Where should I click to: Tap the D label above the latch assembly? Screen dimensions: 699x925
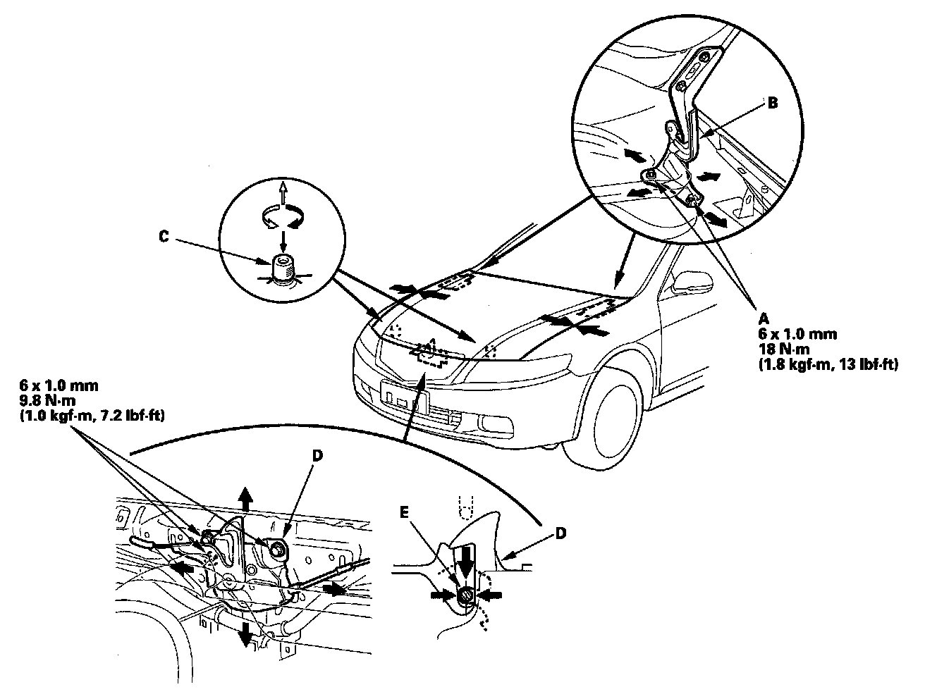click(x=317, y=457)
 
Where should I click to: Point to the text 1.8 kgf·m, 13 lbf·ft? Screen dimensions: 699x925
click(x=835, y=365)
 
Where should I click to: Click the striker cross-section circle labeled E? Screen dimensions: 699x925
click(x=465, y=595)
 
